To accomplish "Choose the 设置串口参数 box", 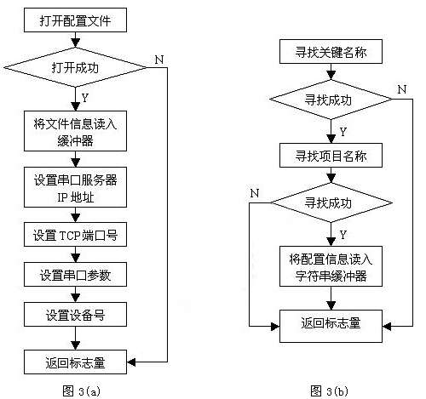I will pos(75,276).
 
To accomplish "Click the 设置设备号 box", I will pos(75,316).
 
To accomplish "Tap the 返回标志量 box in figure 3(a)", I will pos(75,362).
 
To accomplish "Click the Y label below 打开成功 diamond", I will pos(85,95).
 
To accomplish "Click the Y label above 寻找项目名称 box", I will pos(343,132).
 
